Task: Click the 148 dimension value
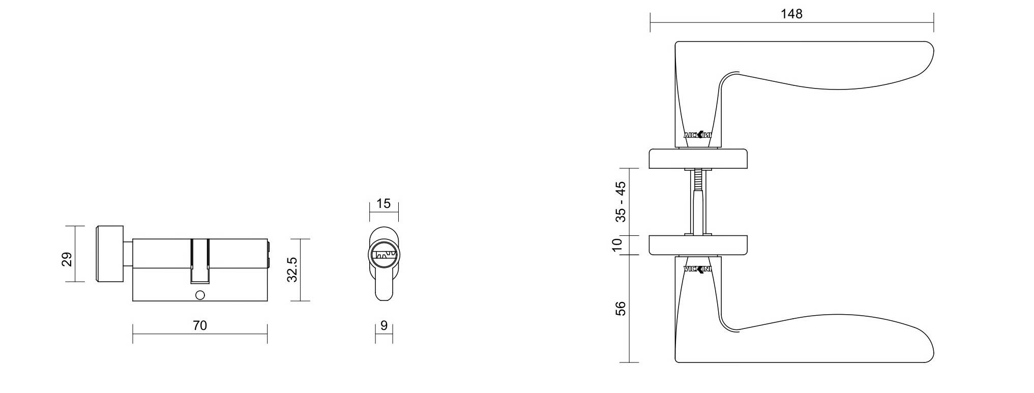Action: [x=791, y=14]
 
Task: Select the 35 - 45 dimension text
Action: [x=621, y=202]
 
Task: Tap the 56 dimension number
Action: [x=621, y=309]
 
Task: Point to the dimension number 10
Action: [x=617, y=245]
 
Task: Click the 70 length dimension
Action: [x=200, y=325]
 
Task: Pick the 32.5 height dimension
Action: [x=292, y=269]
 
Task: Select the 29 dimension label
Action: [x=67, y=259]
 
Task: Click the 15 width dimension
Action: [x=383, y=204]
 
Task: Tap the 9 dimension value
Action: [x=384, y=325]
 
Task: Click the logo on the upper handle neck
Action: [x=697, y=135]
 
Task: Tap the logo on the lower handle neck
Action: [x=697, y=269]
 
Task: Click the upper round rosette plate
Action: [x=698, y=159]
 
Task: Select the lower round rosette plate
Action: [x=698, y=245]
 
